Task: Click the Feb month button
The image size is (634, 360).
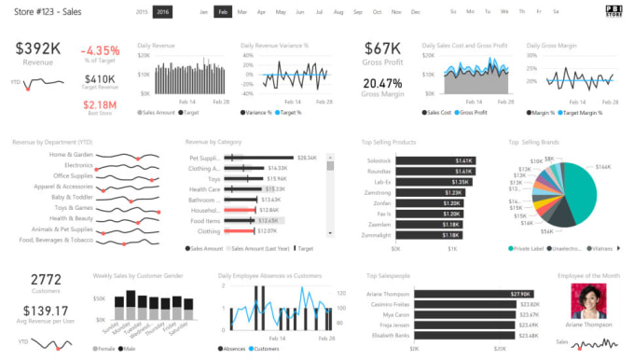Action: click(223, 12)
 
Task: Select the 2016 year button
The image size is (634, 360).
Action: click(163, 12)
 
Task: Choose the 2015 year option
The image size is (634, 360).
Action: click(142, 12)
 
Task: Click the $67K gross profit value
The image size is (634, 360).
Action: click(382, 48)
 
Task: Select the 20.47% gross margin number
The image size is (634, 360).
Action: click(382, 82)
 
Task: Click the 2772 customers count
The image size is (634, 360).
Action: click(46, 279)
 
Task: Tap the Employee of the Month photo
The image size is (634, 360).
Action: click(588, 300)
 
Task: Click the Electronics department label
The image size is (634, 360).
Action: click(76, 164)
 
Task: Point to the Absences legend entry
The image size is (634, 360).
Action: click(233, 348)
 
